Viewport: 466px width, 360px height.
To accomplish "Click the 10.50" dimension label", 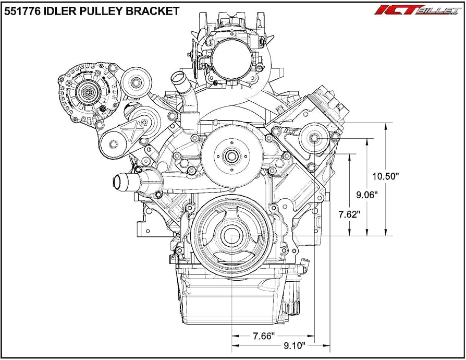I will [387, 176].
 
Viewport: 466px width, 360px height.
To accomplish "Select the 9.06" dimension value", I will [367, 195].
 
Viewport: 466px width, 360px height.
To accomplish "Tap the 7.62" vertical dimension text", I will [349, 214].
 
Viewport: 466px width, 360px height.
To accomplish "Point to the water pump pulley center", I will [229, 154].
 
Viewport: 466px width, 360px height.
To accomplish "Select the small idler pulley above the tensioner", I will [137, 82].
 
